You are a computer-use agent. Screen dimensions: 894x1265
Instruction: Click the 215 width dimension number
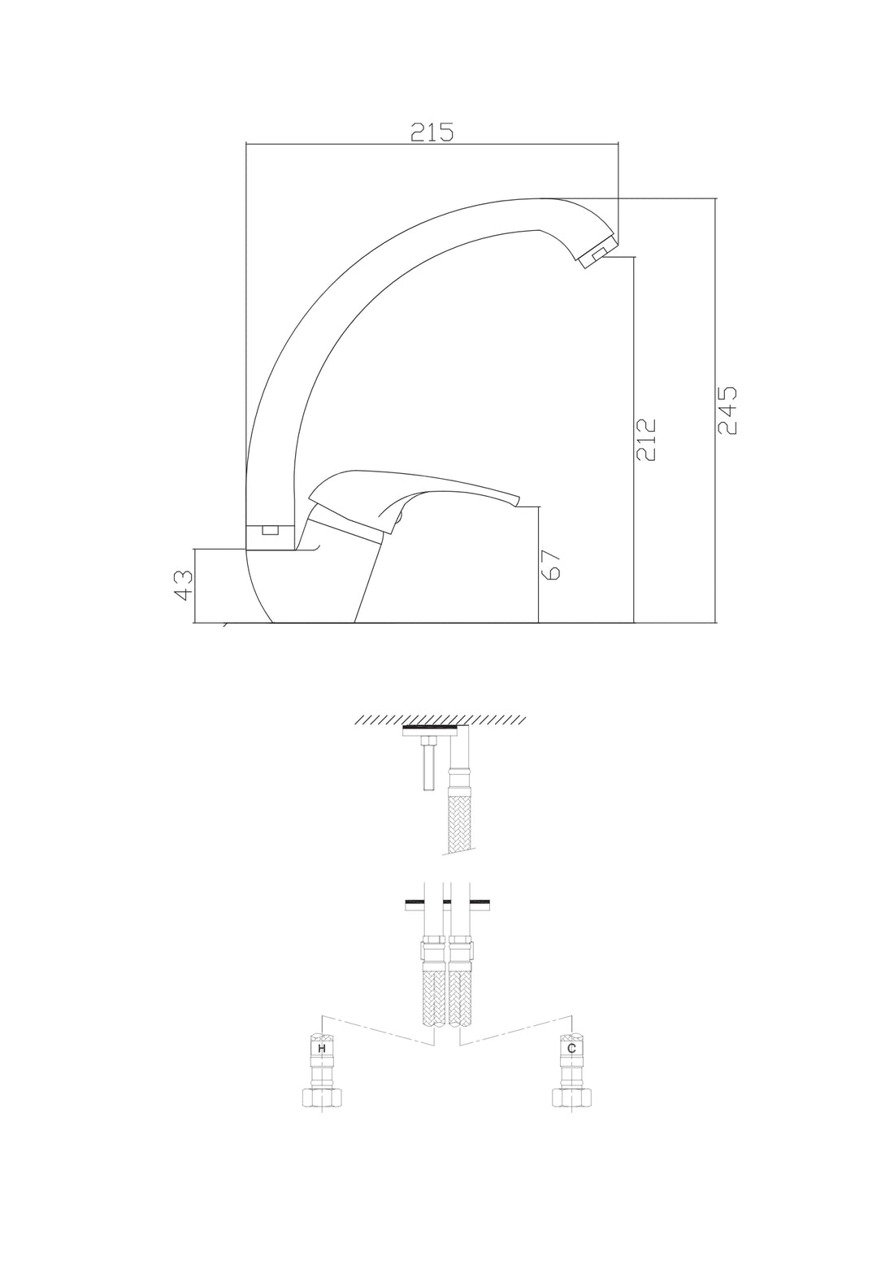[432, 133]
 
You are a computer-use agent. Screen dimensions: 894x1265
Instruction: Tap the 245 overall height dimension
[727, 411]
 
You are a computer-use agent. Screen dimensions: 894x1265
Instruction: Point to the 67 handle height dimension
[551, 565]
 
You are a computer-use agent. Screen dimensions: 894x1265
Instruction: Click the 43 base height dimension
[184, 585]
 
